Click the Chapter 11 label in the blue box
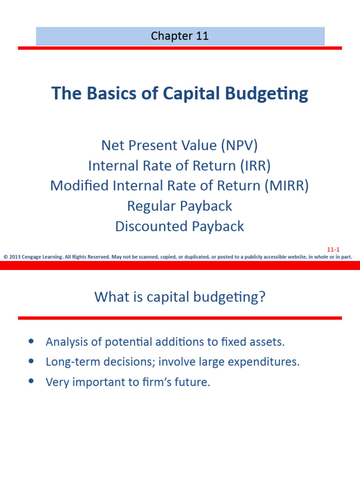(180, 37)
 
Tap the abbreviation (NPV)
(240, 146)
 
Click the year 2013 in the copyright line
(15, 256)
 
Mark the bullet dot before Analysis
(31, 342)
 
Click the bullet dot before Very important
(31, 382)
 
